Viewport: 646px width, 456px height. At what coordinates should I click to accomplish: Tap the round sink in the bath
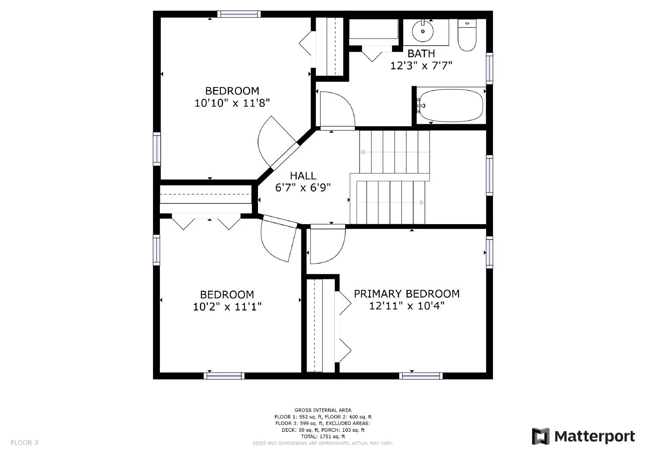point(423,31)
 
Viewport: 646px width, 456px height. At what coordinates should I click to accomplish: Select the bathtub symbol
point(450,106)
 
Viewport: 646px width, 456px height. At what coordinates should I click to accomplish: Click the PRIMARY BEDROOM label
point(407,294)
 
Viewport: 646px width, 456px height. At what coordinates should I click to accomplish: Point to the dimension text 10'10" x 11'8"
point(232,103)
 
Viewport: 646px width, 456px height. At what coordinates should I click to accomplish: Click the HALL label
point(303,176)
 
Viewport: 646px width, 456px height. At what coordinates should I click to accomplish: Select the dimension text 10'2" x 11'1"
point(227,307)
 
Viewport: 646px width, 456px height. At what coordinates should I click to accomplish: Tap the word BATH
point(421,54)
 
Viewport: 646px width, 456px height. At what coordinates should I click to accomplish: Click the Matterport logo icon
point(541,436)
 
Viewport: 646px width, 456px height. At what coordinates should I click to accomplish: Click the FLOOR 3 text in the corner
point(24,443)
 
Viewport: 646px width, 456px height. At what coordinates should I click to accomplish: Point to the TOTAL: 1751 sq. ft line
point(323,436)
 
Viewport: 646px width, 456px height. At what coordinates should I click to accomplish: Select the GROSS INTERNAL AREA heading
point(323,410)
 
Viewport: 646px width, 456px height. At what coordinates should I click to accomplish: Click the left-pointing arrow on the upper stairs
point(363,152)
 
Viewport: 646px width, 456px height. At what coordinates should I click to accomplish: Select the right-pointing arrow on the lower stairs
point(422,203)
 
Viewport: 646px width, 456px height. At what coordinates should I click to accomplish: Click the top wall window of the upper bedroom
point(239,14)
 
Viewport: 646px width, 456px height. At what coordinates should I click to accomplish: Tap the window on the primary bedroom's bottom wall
point(421,376)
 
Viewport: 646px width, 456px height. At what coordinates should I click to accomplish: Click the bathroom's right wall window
point(489,68)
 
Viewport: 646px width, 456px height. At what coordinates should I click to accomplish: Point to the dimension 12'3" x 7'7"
point(421,66)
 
